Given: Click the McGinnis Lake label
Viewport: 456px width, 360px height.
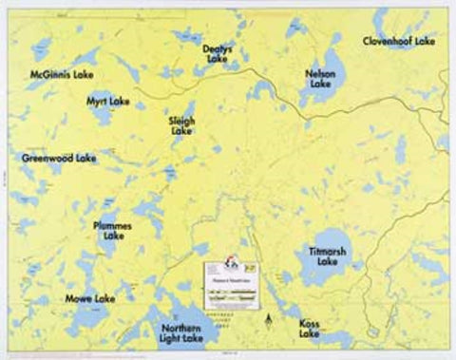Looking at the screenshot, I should coord(62,73).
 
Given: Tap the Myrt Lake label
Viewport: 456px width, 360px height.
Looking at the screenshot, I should coord(108,101).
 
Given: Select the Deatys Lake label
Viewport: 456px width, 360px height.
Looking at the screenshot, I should coord(217,54).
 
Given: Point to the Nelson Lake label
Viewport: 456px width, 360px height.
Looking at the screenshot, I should coord(320,79).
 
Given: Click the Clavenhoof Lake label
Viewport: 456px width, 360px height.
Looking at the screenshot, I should coord(399,42).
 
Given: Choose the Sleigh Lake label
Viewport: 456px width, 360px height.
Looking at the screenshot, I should coord(181,126).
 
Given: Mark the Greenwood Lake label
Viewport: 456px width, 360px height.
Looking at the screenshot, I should coord(59,158).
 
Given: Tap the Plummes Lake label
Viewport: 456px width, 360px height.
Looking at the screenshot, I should coord(113,230).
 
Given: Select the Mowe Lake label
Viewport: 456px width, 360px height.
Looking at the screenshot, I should coord(90,298).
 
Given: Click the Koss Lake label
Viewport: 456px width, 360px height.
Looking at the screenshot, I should coord(310,328).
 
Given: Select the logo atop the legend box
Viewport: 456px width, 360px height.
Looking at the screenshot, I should coord(232,260).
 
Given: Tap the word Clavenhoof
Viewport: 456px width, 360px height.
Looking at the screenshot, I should coord(389,42).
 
